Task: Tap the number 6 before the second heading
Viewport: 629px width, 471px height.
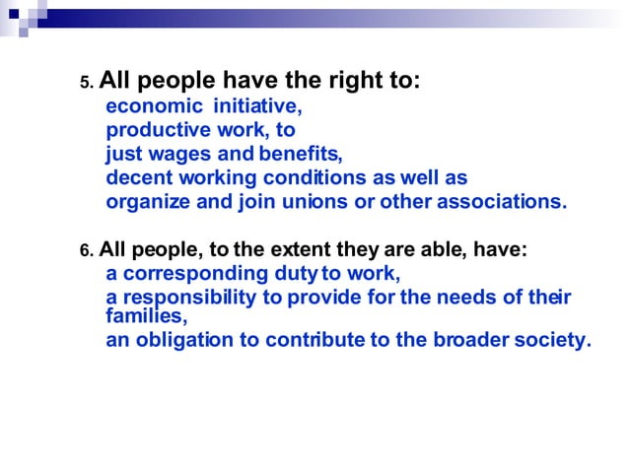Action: pyautogui.click(x=84, y=251)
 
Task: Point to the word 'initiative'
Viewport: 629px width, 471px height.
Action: pyautogui.click(x=257, y=106)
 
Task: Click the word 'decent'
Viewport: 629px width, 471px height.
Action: pyautogui.click(x=137, y=177)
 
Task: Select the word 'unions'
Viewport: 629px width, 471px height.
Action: pyautogui.click(x=344, y=201)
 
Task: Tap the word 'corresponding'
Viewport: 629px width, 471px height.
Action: pyautogui.click(x=191, y=274)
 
